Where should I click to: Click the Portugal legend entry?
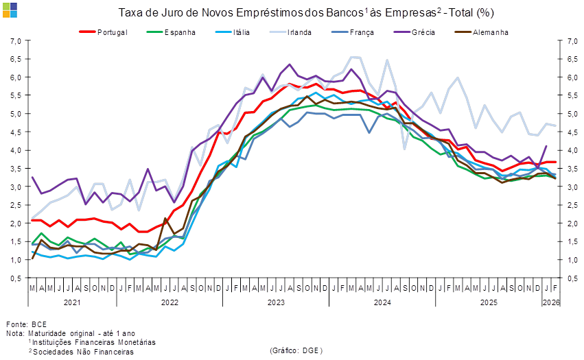tap(113, 32)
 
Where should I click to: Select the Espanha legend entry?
tap(180, 32)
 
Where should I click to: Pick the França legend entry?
tap(361, 32)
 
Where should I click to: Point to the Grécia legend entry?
tap(423, 32)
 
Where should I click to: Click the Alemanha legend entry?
tap(489, 32)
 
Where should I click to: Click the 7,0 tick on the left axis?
tap(15, 41)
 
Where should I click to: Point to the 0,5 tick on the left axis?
tap(15, 278)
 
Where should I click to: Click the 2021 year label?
tap(72, 302)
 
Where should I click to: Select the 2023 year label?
tap(276, 302)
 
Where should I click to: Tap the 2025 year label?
tap(489, 302)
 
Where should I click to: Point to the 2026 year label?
tap(551, 302)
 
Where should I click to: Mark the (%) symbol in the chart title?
tap(484, 12)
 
